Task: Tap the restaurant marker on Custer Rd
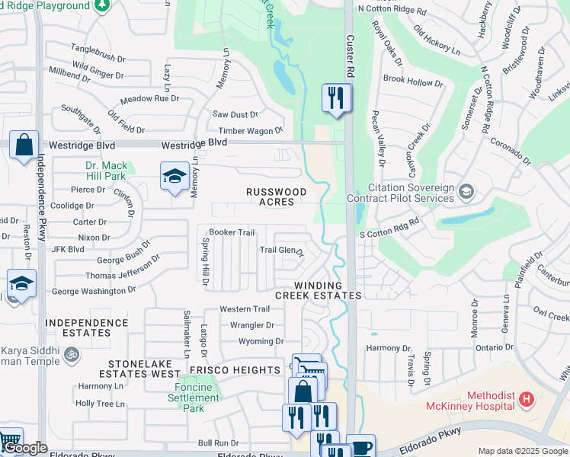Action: click(336, 98)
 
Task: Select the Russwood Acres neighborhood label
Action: click(275, 197)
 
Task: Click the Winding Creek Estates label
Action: click(318, 289)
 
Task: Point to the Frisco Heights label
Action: click(235, 370)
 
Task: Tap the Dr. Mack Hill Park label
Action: click(106, 171)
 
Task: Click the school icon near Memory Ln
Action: click(175, 177)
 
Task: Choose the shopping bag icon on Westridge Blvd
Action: click(24, 145)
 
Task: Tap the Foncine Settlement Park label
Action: click(194, 398)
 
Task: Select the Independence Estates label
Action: click(87, 328)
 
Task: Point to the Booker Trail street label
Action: click(232, 232)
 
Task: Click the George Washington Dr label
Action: click(93, 290)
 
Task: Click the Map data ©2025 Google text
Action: click(522, 451)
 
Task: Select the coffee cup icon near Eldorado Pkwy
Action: click(360, 447)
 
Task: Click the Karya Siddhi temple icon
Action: click(72, 354)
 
